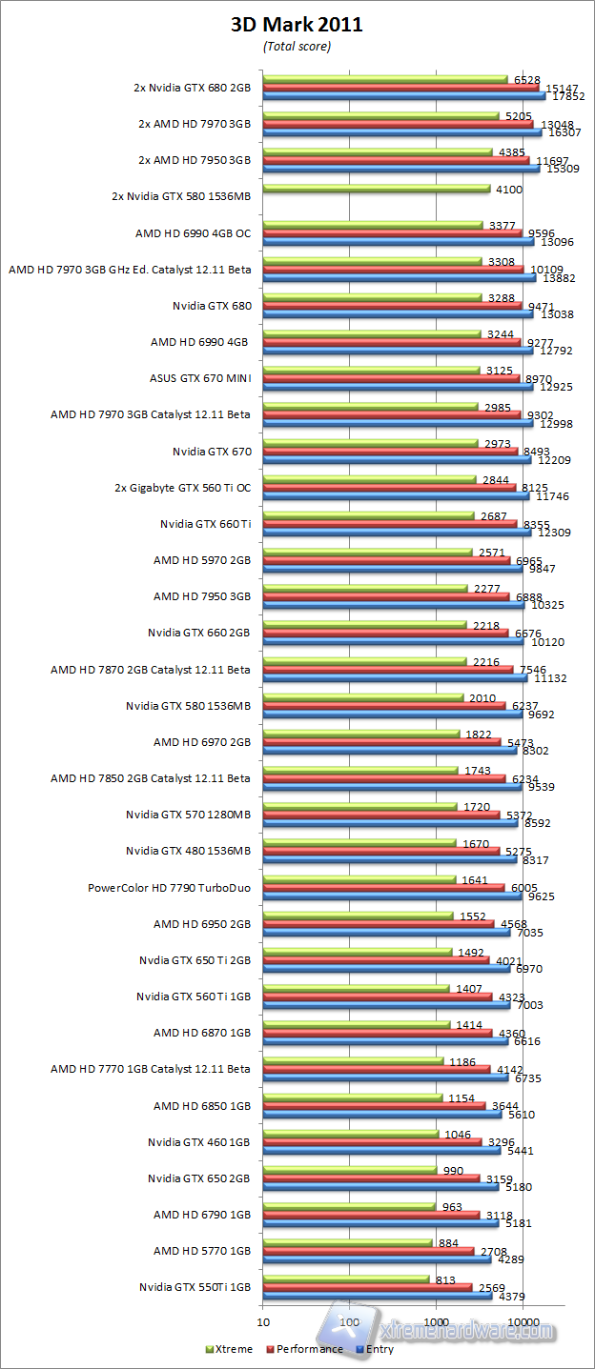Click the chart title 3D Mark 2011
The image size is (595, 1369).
297,26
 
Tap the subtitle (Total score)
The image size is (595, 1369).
297,46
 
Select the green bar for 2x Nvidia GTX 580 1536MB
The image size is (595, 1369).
376,189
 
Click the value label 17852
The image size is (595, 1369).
568,96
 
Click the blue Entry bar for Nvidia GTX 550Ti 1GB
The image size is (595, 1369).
377,1295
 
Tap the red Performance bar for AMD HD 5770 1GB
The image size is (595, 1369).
368,1250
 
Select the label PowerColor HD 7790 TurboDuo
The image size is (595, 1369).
169,887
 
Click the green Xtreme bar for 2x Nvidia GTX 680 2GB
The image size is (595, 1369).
385,79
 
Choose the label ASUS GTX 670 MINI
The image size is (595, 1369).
200,378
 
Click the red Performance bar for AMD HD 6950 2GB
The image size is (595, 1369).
379,923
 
